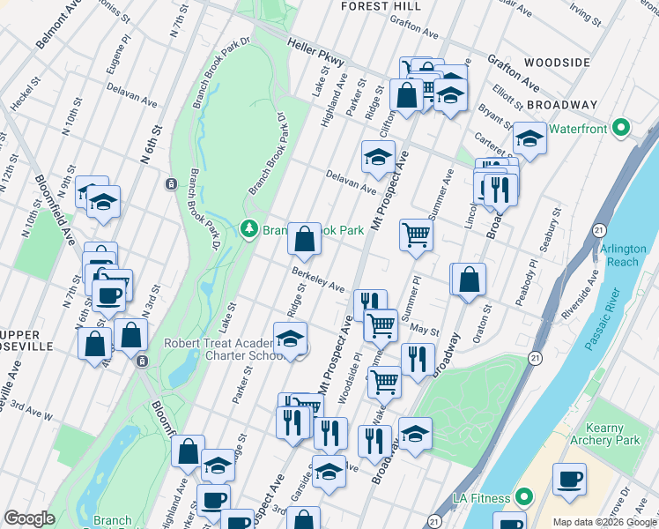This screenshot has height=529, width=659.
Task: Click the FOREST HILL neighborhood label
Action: [379, 6]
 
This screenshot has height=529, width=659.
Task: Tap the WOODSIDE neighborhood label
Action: [556, 63]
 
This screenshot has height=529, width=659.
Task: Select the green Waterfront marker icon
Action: [622, 128]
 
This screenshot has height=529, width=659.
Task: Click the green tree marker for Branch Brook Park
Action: [249, 229]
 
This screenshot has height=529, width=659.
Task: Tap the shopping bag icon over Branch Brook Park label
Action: [304, 239]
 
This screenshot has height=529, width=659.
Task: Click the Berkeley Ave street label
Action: [318, 280]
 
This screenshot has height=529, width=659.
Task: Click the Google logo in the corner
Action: [29, 518]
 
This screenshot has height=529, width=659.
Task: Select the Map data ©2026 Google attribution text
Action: [603, 522]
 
